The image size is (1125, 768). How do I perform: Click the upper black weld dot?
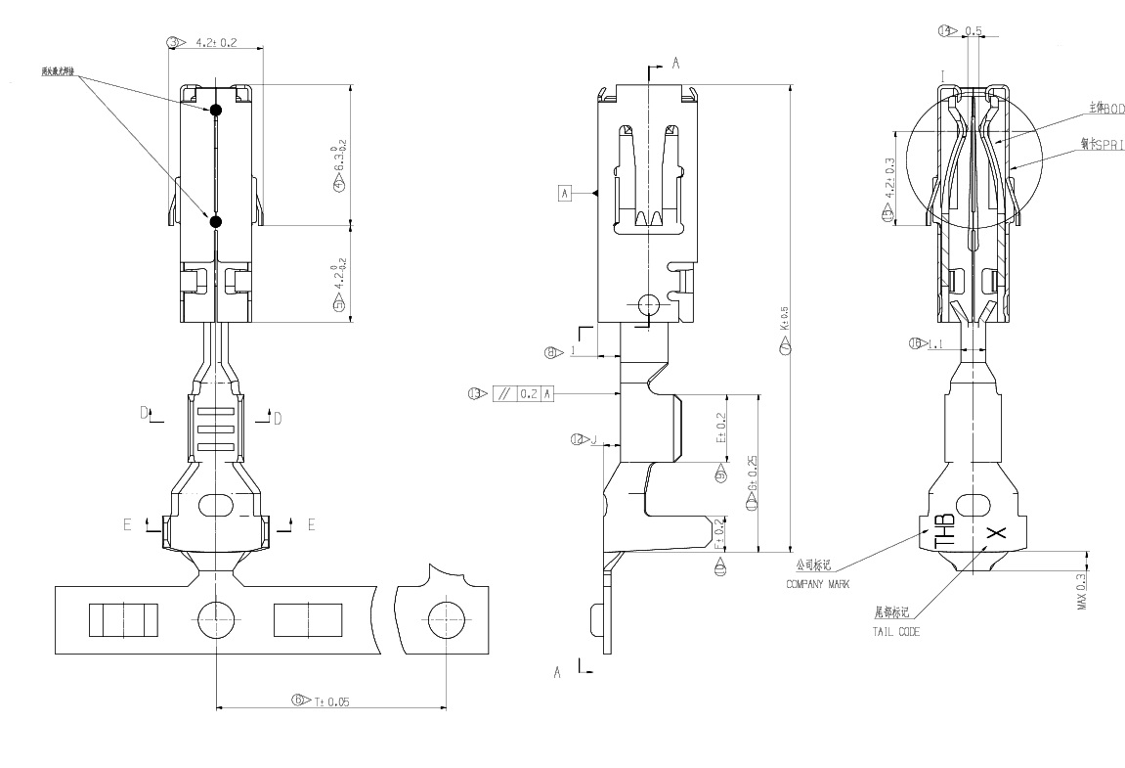(x=216, y=111)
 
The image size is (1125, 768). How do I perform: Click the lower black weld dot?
(x=216, y=222)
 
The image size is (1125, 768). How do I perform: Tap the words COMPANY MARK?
(x=818, y=584)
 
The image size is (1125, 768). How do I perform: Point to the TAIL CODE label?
(x=895, y=632)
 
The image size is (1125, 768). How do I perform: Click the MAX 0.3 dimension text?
(x=1082, y=592)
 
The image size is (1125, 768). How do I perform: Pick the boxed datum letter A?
(x=564, y=193)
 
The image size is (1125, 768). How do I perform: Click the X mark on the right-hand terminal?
(x=995, y=533)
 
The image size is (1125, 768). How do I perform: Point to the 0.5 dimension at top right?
(x=973, y=31)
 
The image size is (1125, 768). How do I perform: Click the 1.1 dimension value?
(x=935, y=343)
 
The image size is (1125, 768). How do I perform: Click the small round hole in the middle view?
(x=648, y=306)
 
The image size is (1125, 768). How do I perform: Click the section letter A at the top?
(x=673, y=64)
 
